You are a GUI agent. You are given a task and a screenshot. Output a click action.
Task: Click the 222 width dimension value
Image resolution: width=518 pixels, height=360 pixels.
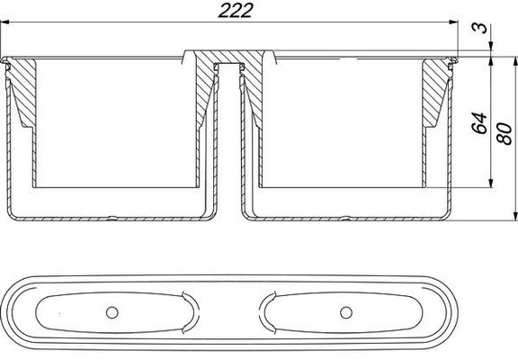pos(236,11)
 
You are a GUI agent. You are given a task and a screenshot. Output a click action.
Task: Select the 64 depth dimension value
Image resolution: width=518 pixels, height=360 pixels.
pos(479,123)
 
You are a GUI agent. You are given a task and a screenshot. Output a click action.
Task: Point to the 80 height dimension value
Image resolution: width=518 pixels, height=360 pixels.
pos(505,133)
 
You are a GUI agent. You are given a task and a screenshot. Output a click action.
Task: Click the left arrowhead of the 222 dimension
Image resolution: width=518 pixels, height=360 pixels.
pos(4,22)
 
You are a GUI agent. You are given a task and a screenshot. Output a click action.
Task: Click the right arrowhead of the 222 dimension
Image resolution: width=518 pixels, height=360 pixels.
pos(454,22)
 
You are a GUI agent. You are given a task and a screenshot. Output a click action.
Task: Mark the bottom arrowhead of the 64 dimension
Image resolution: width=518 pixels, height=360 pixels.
pos(491,183)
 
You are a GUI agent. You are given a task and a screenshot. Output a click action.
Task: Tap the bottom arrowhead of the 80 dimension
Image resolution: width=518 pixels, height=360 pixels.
pos(515,216)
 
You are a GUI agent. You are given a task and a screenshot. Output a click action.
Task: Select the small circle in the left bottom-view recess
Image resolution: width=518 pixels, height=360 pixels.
pos(112,312)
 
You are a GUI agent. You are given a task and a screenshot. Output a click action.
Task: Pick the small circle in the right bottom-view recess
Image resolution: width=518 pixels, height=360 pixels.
pos(346,312)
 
